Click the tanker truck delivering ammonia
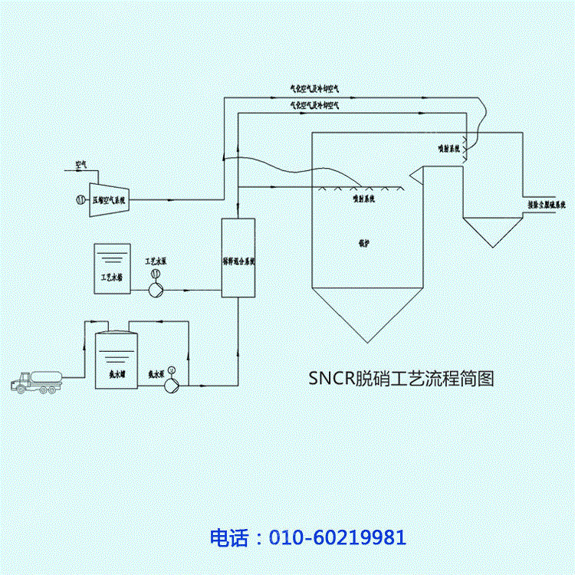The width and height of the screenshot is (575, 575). tap(34, 381)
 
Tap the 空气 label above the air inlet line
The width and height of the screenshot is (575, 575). tap(81, 164)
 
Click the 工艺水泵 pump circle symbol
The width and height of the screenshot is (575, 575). tap(156, 289)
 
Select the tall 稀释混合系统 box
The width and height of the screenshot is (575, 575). tap(238, 258)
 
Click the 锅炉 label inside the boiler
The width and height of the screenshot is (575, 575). tap(363, 239)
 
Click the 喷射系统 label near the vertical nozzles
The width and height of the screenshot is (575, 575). tap(447, 148)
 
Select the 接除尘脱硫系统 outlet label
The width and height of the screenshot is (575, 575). tap(547, 205)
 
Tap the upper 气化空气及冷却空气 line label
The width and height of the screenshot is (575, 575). tap(314, 90)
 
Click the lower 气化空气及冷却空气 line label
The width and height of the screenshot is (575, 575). tap(314, 106)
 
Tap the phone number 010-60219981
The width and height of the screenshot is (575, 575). tap(337, 537)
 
